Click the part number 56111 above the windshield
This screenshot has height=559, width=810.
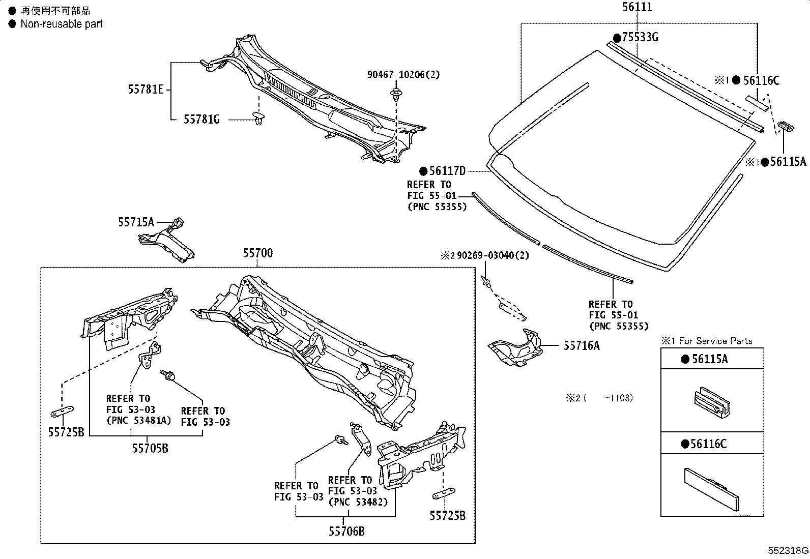coord(637,7)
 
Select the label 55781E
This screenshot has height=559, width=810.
coord(146,90)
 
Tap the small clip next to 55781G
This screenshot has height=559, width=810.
coord(259,120)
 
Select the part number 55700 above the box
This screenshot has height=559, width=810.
coord(257,253)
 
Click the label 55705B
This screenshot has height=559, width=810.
coord(150,448)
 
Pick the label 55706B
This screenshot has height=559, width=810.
coord(346,532)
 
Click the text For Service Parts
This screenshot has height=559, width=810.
coord(715,341)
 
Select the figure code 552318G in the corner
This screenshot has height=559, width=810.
coord(788,551)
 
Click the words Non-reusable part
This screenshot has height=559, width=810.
coord(62,24)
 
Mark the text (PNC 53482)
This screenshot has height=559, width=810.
coord(358,502)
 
